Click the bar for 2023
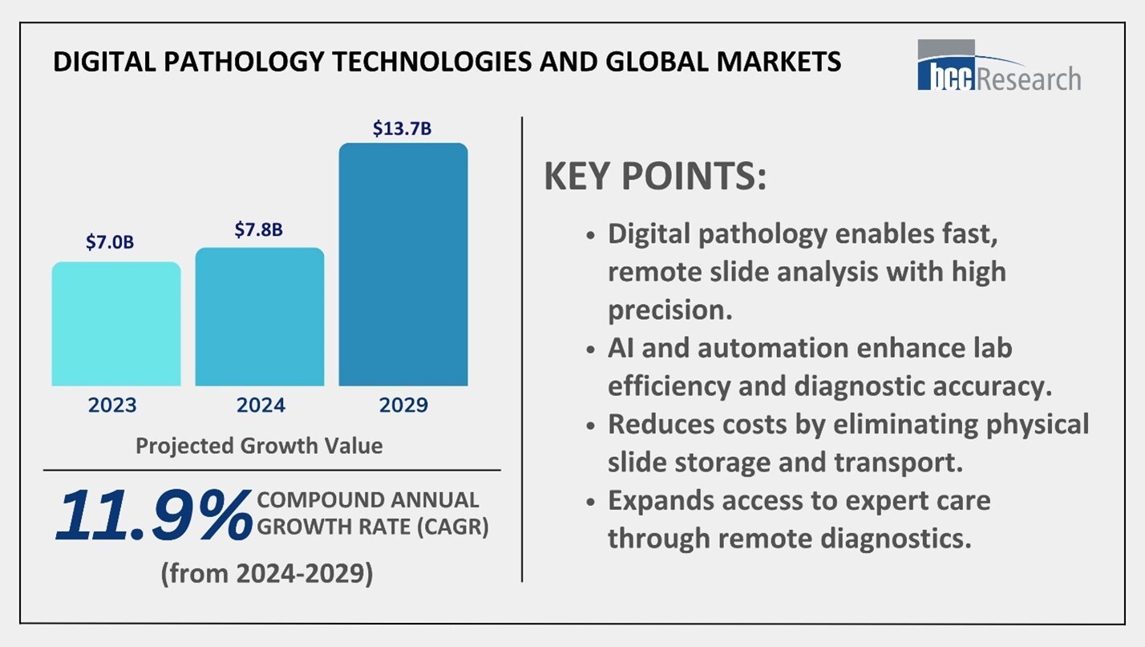[116, 324]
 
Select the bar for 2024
[260, 317]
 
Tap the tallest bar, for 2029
[403, 265]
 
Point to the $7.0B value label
[111, 243]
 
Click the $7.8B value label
[258, 229]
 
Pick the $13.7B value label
[402, 128]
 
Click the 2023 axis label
[112, 405]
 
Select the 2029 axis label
[403, 405]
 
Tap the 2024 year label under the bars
[261, 405]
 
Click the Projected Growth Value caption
[259, 446]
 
